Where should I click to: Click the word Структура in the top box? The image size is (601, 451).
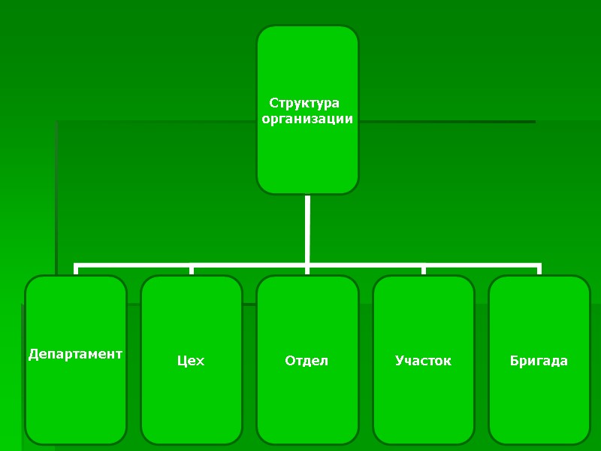pyautogui.click(x=304, y=103)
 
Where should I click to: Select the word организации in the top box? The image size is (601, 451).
pyautogui.click(x=307, y=119)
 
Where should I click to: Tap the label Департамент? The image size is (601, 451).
pyautogui.click(x=75, y=353)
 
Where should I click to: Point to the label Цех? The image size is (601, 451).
pyautogui.click(x=191, y=362)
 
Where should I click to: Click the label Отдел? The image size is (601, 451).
pyautogui.click(x=307, y=361)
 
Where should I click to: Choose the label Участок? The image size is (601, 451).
pyautogui.click(x=423, y=361)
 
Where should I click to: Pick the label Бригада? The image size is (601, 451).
pyautogui.click(x=539, y=361)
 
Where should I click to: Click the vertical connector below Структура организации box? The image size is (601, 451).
pyautogui.click(x=307, y=229)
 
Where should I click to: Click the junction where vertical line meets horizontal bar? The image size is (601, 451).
pyautogui.click(x=307, y=265)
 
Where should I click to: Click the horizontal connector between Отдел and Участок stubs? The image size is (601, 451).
pyautogui.click(x=366, y=265)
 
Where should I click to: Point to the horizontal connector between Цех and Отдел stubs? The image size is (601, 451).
pyautogui.click(x=249, y=265)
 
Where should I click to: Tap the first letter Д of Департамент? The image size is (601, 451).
pyautogui.click(x=33, y=354)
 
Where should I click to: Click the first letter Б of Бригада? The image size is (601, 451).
pyautogui.click(x=514, y=361)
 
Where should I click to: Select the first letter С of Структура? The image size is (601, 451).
pyautogui.click(x=273, y=103)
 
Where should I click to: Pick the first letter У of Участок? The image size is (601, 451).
pyautogui.click(x=400, y=361)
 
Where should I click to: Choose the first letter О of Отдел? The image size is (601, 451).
pyautogui.click(x=290, y=361)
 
